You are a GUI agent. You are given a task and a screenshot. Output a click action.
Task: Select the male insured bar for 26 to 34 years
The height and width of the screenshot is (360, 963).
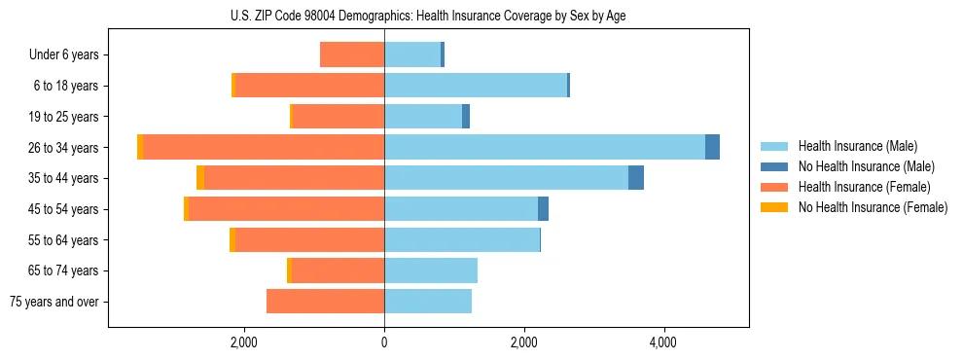tap(545, 147)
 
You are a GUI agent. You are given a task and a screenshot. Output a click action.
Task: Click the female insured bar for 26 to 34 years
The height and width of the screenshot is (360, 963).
tap(264, 147)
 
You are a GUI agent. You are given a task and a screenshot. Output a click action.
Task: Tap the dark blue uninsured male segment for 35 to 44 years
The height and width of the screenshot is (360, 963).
tap(636, 178)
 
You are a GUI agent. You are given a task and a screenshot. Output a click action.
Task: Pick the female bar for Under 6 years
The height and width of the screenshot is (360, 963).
tap(352, 55)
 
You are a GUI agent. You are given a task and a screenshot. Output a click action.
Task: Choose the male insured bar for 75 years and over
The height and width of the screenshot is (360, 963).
tap(428, 302)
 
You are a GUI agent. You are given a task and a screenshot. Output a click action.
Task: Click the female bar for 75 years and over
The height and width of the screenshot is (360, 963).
tap(325, 302)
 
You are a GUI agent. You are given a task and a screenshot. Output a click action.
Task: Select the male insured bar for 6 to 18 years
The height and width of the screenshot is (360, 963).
tap(476, 86)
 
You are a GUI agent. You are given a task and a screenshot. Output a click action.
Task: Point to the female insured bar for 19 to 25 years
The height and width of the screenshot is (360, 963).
tap(339, 117)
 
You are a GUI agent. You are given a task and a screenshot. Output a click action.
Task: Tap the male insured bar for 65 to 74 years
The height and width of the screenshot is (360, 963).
tap(431, 270)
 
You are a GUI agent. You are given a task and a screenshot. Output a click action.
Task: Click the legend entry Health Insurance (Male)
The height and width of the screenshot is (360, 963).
tap(857, 146)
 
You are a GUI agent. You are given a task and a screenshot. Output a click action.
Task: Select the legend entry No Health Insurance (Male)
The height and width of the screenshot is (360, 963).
tap(866, 166)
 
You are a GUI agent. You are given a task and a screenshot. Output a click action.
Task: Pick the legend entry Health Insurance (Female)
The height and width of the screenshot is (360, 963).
tap(861, 187)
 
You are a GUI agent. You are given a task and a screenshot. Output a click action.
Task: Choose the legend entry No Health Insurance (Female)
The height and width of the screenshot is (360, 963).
tap(873, 207)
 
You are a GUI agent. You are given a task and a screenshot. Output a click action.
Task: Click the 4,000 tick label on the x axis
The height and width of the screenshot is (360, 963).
tap(663, 342)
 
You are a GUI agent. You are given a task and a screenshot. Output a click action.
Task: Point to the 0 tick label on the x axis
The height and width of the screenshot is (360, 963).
tap(384, 342)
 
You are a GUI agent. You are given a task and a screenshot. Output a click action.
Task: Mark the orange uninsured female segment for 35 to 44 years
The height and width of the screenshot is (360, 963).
tap(200, 178)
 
